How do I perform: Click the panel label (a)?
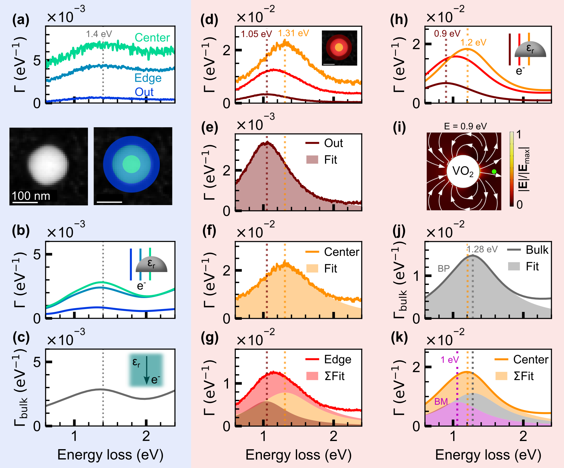pos(21,20)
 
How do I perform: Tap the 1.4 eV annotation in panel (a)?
pos(99,34)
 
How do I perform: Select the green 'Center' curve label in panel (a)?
pos(152,38)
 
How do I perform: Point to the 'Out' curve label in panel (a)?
pos(144,92)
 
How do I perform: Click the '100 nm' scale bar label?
pos(31,196)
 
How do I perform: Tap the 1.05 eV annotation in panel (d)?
pos(256,34)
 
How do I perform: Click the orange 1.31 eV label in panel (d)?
pos(293,33)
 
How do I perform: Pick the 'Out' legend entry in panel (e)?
pos(333,143)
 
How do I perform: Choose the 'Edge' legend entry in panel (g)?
pos(337,360)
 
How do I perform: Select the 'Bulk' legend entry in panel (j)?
pos(537,250)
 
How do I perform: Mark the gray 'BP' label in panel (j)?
pos(444,269)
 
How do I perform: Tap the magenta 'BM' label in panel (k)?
pos(441,401)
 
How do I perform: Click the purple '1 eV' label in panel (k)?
pos(450,360)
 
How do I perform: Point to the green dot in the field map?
pos(494,171)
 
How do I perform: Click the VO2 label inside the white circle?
pos(463,171)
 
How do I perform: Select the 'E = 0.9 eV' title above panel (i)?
pos(465,126)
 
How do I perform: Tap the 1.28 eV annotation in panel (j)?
pos(482,249)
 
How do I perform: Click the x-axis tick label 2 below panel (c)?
pos(146,436)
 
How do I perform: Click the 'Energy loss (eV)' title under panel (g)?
pos(298,455)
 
